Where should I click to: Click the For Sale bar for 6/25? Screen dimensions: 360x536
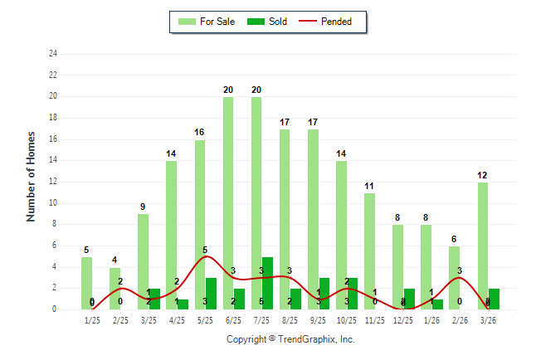click(227, 203)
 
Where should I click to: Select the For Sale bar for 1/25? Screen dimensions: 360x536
click(87, 283)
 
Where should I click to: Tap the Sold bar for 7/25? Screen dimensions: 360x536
click(267, 283)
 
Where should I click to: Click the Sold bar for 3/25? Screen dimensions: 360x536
click(155, 299)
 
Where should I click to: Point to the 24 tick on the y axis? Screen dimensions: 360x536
click(53, 54)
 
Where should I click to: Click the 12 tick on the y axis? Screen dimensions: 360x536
click(53, 182)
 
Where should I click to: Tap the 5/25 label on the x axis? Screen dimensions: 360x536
click(205, 320)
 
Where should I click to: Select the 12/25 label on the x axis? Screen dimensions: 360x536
click(402, 320)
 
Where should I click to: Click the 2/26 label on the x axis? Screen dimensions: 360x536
click(459, 320)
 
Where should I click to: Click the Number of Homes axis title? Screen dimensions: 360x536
click(32, 176)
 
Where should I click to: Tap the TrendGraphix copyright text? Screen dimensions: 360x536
click(290, 340)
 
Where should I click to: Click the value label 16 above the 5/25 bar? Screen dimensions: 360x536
click(199, 133)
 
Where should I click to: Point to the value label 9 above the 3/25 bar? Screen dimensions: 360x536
click(143, 207)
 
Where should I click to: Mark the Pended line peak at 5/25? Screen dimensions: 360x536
click(205, 256)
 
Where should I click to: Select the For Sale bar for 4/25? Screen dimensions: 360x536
click(171, 235)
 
